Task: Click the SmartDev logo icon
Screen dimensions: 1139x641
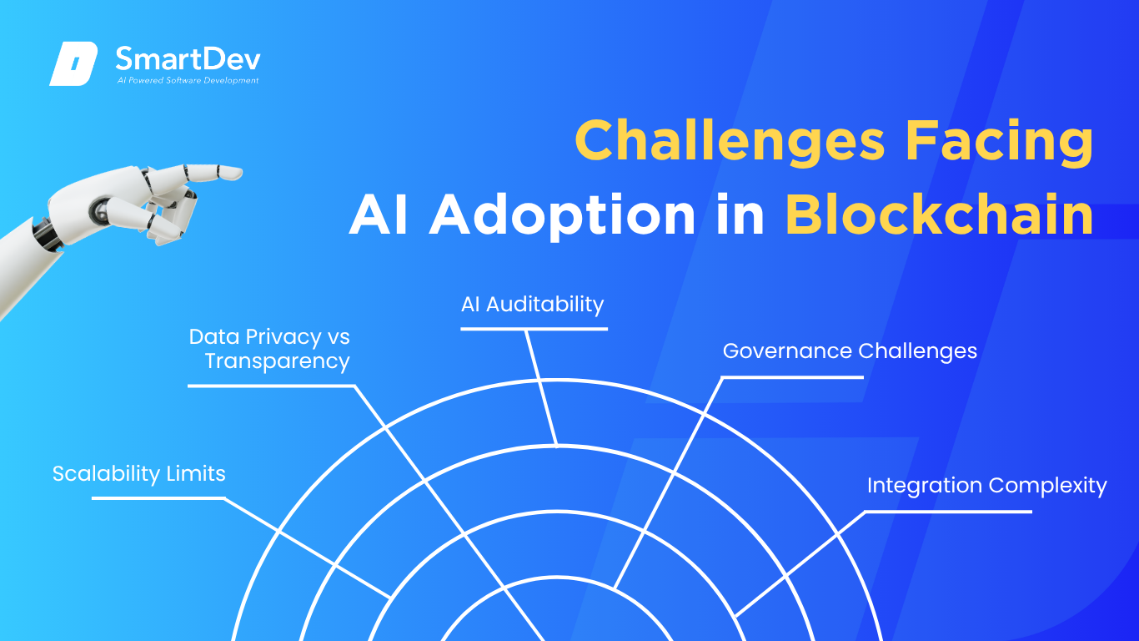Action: click(73, 63)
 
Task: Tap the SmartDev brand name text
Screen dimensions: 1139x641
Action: click(188, 59)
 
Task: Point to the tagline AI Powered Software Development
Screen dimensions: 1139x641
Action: click(188, 80)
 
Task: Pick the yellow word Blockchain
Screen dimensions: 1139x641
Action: click(940, 214)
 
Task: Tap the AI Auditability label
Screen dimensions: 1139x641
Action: click(532, 305)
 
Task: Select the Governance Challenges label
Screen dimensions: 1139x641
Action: click(850, 351)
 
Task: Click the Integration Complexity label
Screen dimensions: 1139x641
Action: click(987, 486)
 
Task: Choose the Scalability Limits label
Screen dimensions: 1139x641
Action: click(138, 474)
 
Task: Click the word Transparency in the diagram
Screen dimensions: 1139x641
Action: click(277, 361)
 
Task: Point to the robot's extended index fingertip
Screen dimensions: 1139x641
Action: click(239, 173)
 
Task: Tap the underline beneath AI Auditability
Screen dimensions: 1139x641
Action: click(534, 330)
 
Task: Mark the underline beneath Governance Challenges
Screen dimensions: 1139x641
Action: click(792, 377)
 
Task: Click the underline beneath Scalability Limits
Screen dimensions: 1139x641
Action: click(158, 498)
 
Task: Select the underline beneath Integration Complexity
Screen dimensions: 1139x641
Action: click(948, 511)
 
